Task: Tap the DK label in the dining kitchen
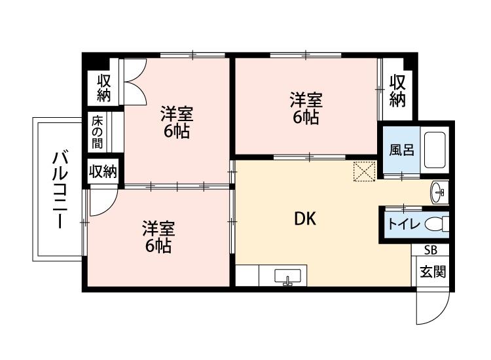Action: pos(305,219)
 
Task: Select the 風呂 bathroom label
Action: pos(402,150)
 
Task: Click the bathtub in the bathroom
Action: pos(435,150)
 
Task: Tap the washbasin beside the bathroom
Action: pos(439,192)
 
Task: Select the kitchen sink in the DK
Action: pos(287,276)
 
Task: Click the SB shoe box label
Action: pos(431,250)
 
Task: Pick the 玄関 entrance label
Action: pos(432,271)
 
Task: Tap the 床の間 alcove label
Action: pos(98,133)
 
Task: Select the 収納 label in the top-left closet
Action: pos(104,88)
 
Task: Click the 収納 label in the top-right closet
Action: pos(397,91)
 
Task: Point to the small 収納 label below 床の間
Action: pos(103,171)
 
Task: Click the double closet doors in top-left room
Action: pos(136,83)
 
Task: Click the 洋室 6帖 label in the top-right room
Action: pos(306,109)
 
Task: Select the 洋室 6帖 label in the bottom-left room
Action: pos(158,237)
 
